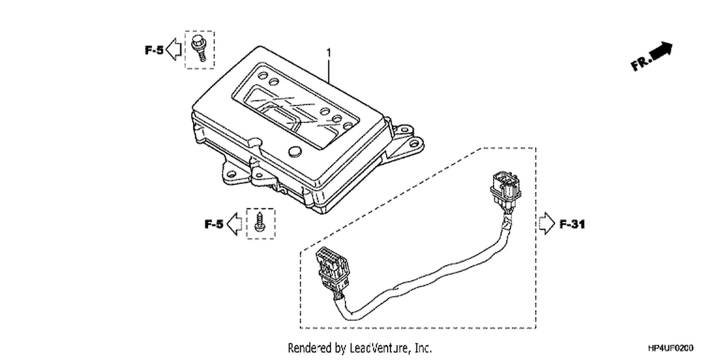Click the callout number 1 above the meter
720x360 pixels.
328,53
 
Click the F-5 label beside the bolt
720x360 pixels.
154,50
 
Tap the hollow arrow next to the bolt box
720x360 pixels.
174,49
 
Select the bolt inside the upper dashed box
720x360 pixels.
199,48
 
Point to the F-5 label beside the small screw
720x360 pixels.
214,224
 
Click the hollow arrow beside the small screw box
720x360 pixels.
234,224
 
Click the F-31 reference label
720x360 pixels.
573,224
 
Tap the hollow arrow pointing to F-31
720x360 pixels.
547,223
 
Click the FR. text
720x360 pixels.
642,63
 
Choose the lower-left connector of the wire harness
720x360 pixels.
332,270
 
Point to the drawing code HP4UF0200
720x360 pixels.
671,348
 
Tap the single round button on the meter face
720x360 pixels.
295,151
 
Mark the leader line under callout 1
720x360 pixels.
328,71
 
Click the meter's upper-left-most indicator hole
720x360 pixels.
263,75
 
